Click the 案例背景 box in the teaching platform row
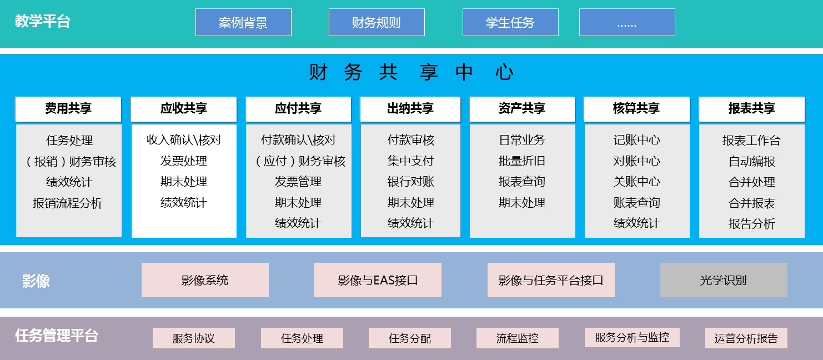pos(243,22)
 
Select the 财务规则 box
pos(377,22)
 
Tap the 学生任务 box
pos(510,22)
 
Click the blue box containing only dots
pos(627,22)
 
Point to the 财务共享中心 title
pos(411,72)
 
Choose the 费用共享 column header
pos(68,109)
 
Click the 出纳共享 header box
pos(410,109)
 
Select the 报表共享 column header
pos(752,109)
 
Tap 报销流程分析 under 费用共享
pos(68,203)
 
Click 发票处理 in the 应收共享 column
pos(184,161)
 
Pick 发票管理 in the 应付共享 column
pos(298,182)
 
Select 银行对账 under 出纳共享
pos(411,182)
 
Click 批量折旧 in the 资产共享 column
pos(522,161)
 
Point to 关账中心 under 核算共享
pos(637,182)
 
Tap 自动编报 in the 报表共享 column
pos(752,162)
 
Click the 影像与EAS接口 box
pos(378,280)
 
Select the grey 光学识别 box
pos(724,280)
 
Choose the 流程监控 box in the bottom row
pos(518,338)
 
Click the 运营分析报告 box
pos(746,338)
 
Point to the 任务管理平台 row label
pos(57,336)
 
